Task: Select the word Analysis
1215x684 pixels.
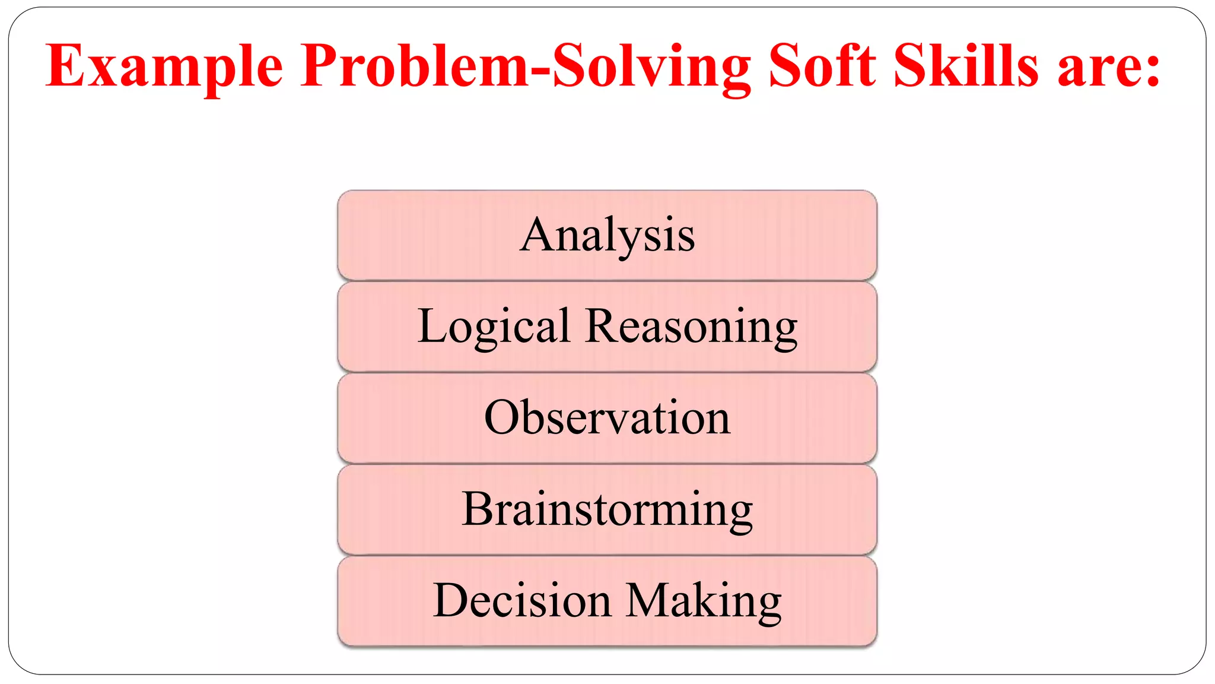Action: (607, 235)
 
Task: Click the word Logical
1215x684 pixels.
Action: (494, 327)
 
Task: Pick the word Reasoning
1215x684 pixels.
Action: (691, 327)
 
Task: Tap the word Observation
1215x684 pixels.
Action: (607, 417)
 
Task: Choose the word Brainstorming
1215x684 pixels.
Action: (607, 509)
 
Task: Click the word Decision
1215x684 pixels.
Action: (522, 600)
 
